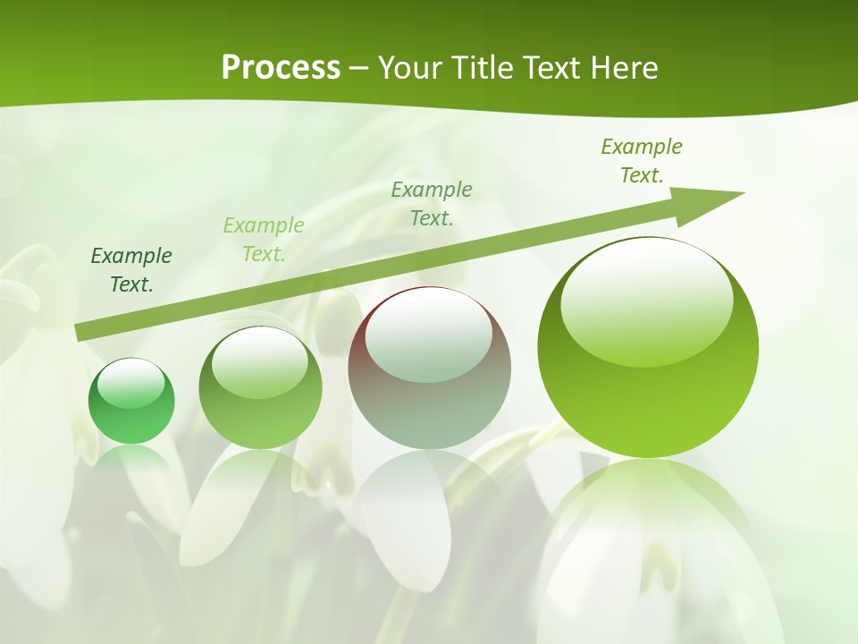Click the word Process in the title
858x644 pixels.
pos(281,68)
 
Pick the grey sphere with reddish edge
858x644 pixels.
pos(429,369)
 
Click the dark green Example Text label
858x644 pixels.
pos(131,270)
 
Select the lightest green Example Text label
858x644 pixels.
pos(264,240)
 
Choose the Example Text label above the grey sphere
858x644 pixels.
pos(432,203)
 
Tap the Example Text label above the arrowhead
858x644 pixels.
pos(642,161)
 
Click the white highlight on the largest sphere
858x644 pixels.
pos(646,300)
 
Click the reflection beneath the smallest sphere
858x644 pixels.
pos(131,461)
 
